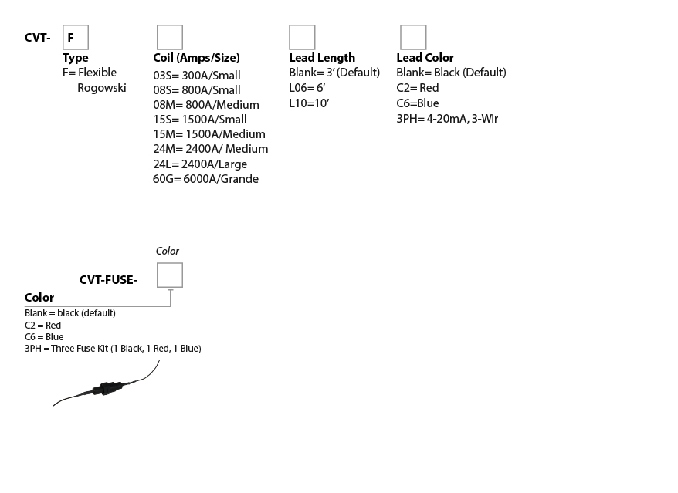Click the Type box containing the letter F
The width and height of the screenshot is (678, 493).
76,37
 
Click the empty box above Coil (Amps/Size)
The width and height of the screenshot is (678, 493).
170,37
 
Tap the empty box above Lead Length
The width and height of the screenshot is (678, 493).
302,37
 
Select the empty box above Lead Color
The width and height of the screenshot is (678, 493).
413,37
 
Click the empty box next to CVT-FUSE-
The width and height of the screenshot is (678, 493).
170,275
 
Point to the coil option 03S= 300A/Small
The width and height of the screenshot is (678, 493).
197,75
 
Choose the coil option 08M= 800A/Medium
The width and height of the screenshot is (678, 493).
206,105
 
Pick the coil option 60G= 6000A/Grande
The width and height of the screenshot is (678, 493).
206,179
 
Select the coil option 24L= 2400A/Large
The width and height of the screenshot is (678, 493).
200,164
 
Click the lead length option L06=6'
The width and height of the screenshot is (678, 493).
307,88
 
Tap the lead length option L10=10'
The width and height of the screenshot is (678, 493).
309,103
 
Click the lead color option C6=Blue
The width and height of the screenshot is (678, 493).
418,103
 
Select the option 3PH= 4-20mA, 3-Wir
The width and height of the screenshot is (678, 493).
447,119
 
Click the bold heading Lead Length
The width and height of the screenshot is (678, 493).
322,57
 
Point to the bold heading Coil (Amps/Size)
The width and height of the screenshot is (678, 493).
196,58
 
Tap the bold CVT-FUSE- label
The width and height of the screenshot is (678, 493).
108,280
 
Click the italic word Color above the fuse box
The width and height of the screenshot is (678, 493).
168,251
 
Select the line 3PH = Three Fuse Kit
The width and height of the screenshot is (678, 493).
113,348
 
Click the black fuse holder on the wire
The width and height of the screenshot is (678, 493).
109,387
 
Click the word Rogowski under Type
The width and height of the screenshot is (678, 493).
102,88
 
